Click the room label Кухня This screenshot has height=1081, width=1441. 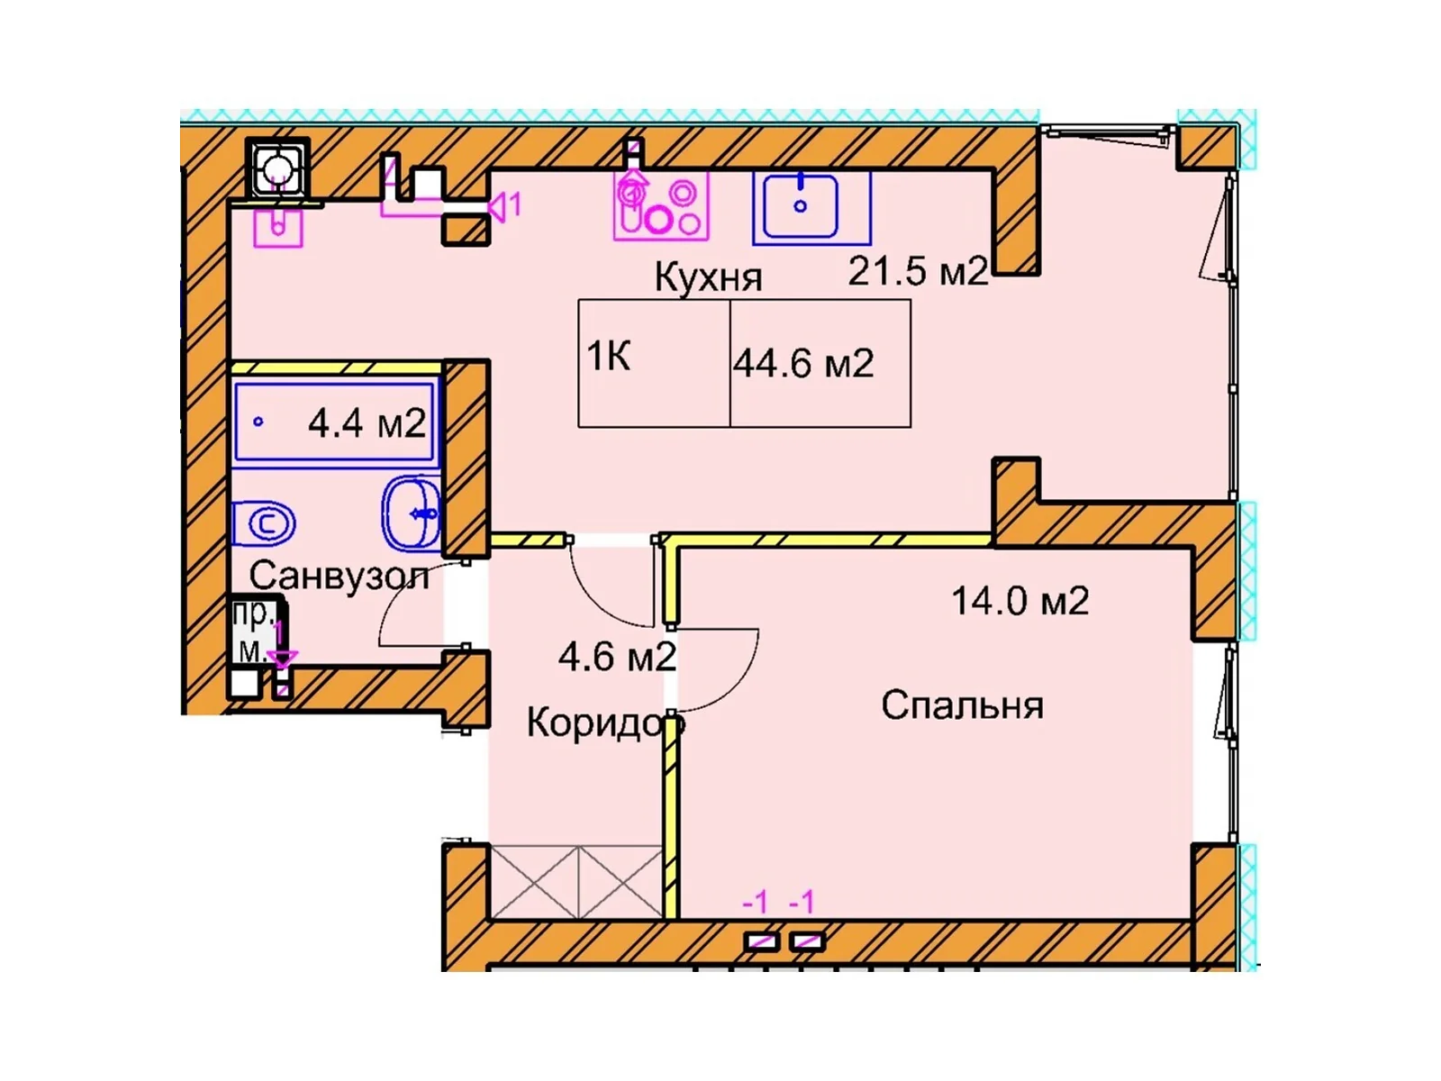pyautogui.click(x=708, y=277)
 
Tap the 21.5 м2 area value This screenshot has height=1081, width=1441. pyautogui.click(x=918, y=270)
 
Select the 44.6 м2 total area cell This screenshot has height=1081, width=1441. pyautogui.click(x=803, y=363)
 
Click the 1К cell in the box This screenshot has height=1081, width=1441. pyautogui.click(x=609, y=358)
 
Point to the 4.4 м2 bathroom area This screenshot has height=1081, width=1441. pyautogui.click(x=366, y=422)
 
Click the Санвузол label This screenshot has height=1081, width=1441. pyautogui.click(x=339, y=575)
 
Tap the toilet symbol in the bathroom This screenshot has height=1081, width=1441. pyautogui.click(x=264, y=523)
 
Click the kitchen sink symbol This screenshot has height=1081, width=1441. pyautogui.click(x=801, y=207)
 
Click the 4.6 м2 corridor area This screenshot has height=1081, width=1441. pyautogui.click(x=617, y=657)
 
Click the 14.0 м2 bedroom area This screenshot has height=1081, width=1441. pyautogui.click(x=1020, y=601)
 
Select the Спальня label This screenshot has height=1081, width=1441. pyautogui.click(x=962, y=705)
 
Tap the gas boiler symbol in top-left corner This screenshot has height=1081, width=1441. pyautogui.click(x=277, y=168)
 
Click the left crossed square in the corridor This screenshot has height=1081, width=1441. pyautogui.click(x=533, y=882)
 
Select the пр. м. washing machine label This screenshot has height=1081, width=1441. pyautogui.click(x=253, y=631)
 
